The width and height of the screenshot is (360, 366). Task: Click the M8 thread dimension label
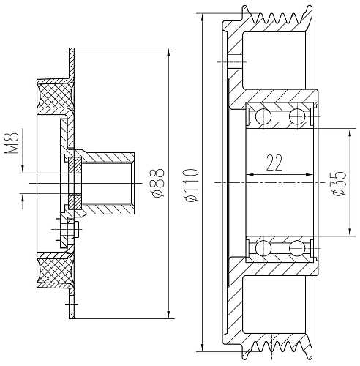[x=12, y=143]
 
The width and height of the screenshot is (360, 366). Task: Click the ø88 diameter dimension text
[x=158, y=183]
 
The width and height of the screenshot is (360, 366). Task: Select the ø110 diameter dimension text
[x=192, y=185]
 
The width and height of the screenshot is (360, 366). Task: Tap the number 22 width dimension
[x=274, y=163]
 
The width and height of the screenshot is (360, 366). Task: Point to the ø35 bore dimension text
[x=340, y=183]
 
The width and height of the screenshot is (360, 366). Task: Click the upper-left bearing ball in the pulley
[x=263, y=116]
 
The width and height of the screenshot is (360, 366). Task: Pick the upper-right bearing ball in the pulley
[x=297, y=116]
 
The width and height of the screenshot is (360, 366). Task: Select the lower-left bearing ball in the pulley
[x=263, y=248]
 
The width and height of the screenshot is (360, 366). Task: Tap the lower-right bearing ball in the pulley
[x=297, y=248]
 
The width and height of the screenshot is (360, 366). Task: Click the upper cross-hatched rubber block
[x=54, y=96]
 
